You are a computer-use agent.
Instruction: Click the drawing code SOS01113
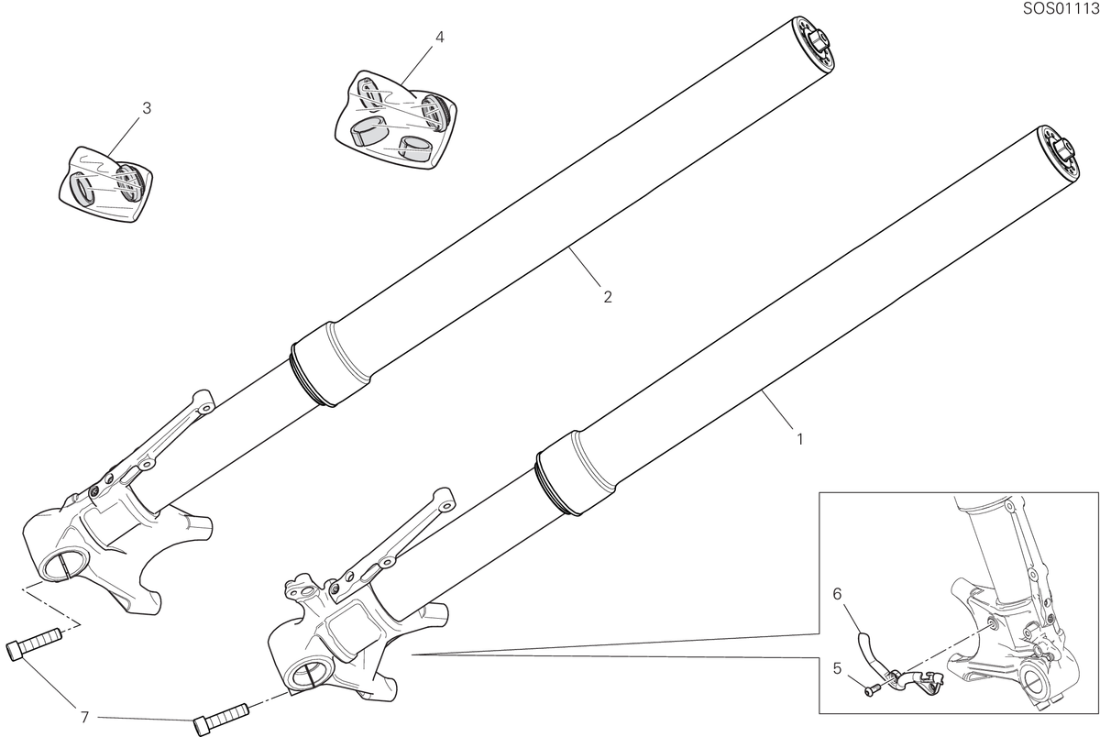[1061, 8]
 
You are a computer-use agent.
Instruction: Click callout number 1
[800, 439]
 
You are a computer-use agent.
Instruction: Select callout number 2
[608, 297]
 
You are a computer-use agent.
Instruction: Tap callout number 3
[147, 108]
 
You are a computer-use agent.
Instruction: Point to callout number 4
[439, 37]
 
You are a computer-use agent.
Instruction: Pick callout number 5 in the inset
[837, 668]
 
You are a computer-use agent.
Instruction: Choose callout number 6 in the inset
[837, 595]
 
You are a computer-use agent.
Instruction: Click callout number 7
[84, 718]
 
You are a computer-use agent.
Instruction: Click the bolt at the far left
[35, 643]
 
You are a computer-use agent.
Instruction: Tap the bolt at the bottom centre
[221, 719]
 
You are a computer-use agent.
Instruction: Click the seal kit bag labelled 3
[105, 183]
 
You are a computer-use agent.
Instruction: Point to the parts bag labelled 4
[396, 121]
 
